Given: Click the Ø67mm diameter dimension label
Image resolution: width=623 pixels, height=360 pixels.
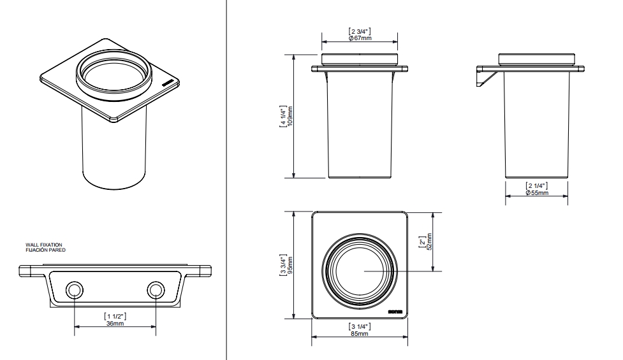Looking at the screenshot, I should pyautogui.click(x=361, y=38).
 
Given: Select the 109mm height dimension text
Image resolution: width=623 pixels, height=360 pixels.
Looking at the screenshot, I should pyautogui.click(x=290, y=116).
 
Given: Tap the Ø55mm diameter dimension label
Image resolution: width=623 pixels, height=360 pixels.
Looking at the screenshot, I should pyautogui.click(x=536, y=192).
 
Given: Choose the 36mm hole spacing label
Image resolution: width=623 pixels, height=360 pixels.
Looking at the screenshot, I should pyautogui.click(x=115, y=323).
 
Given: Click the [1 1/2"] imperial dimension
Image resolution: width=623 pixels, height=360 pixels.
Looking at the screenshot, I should pyautogui.click(x=115, y=316).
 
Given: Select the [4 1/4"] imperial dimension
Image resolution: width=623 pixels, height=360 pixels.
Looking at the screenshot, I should pyautogui.click(x=282, y=116).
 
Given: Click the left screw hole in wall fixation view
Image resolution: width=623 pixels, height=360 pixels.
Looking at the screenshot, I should pyautogui.click(x=75, y=292).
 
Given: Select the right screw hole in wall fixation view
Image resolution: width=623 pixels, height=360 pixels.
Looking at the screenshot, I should pyautogui.click(x=155, y=292).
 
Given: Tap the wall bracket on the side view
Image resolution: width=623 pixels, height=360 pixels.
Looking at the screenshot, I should pyautogui.click(x=484, y=81).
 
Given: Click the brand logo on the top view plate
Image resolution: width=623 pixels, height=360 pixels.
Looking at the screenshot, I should pyautogui.click(x=395, y=312).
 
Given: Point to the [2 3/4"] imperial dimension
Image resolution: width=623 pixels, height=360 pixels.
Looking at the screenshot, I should pyautogui.click(x=361, y=31).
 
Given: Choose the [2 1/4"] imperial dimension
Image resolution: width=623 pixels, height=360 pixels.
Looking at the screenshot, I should pyautogui.click(x=536, y=185).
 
